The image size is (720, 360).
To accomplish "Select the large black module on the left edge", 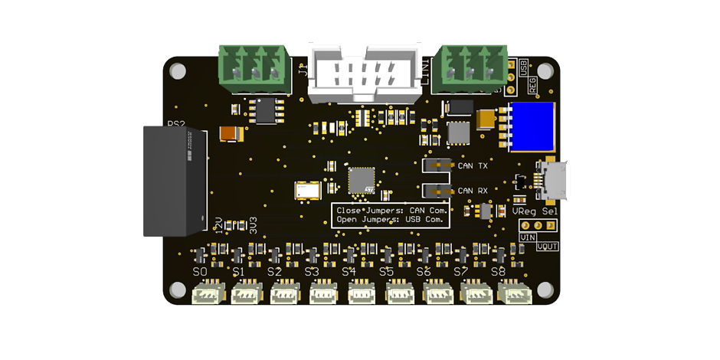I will point(175,182).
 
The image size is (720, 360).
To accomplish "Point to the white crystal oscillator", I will point(309,189).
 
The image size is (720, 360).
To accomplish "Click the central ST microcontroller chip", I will point(362,181).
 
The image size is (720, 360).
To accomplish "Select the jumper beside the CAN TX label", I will point(438,165).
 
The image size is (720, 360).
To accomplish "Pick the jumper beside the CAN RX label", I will point(438,190).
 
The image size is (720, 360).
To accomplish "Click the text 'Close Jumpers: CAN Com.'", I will point(391,209).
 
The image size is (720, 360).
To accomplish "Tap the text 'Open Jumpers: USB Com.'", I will point(391,220).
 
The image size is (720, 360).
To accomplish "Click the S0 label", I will point(199,272).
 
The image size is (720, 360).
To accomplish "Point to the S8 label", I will point(498,272).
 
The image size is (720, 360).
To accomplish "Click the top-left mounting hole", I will point(178,71).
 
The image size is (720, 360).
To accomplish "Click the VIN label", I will point(528,237).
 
